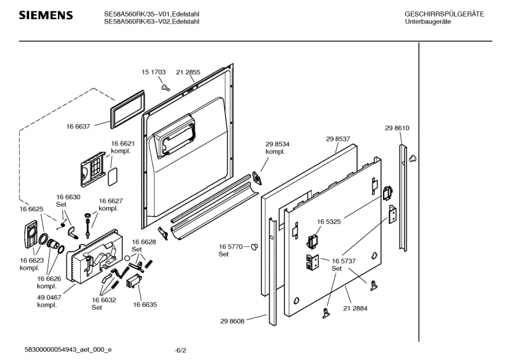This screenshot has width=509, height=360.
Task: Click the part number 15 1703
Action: click(153, 73)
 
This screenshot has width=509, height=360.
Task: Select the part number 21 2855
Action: click(188, 73)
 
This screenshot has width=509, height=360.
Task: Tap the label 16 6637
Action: click(78, 127)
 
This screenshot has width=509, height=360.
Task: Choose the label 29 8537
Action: click(338, 139)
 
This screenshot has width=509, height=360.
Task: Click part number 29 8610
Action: click(397, 128)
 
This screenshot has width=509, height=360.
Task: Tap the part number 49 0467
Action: click(50, 296)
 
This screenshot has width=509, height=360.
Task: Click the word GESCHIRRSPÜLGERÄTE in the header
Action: click(443, 14)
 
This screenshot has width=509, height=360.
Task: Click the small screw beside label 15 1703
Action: click(165, 86)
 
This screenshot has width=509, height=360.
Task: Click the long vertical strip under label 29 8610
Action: click(403, 197)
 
